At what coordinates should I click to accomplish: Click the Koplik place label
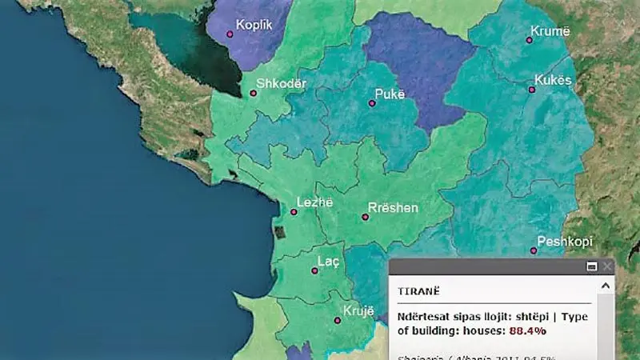coord(254,25)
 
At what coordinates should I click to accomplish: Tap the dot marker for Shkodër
coord(254,94)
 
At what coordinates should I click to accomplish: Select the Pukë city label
coord(390,94)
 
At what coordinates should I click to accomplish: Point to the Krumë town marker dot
coord(530,39)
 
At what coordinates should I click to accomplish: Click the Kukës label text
coord(553,81)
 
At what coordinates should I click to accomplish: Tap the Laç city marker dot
coord(314,270)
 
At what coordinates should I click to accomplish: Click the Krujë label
coord(358,310)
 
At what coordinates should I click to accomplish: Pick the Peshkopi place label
coord(564,241)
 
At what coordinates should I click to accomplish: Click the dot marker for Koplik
coord(230,34)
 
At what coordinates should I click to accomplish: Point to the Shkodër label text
coord(281,83)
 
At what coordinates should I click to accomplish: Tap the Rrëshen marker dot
coord(366,217)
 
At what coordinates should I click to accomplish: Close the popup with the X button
coord(607,266)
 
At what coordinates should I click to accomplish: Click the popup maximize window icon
coord(592,266)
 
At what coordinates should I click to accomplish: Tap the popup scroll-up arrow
coord(608,285)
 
